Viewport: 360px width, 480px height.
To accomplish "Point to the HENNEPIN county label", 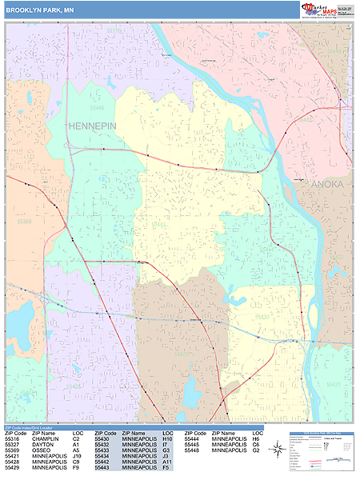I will [x=93, y=126].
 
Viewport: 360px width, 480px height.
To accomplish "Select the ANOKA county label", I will [x=325, y=184].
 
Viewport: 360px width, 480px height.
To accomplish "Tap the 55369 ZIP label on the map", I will [x=23, y=221].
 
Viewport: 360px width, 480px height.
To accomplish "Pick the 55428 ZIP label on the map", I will [x=74, y=385].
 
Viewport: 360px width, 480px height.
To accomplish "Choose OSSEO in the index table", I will [x=42, y=450].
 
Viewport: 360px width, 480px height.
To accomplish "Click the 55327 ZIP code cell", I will [x=12, y=445].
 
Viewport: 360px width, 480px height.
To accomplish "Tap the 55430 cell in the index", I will [x=102, y=438].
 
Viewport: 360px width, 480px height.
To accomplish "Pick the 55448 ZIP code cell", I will [x=192, y=450].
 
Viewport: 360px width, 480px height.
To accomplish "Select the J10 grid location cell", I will [x=78, y=457].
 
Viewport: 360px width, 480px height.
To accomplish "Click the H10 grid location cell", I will [x=167, y=438].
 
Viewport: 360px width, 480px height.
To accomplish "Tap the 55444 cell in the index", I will [x=192, y=438].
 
